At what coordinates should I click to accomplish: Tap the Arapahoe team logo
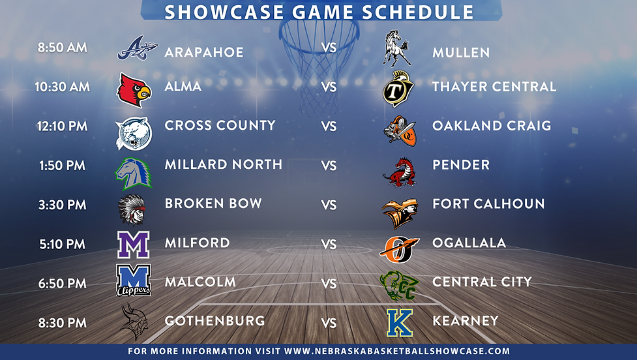[x=136, y=49]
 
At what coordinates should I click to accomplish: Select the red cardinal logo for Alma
[x=134, y=89]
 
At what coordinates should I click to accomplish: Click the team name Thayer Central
[x=494, y=86]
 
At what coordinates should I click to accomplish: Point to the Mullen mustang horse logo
[x=396, y=48]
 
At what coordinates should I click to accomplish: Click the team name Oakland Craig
[x=491, y=125]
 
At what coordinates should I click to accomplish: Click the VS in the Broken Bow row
[x=329, y=205]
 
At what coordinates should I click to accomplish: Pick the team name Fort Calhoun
[x=488, y=203]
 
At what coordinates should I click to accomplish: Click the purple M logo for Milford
[x=134, y=245]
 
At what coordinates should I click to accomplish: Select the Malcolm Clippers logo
[x=134, y=280]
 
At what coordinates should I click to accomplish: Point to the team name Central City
[x=482, y=282]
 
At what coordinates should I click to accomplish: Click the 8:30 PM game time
[x=63, y=322]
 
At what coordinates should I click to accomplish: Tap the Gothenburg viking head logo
[x=134, y=322]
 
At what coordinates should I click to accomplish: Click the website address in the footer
[x=397, y=351]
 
